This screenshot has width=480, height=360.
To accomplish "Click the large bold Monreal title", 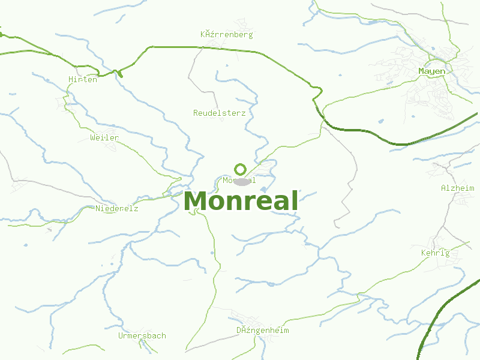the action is [x=241, y=202].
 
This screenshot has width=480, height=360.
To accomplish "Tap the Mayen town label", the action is [x=432, y=71].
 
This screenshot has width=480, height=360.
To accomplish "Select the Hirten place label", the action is [x=83, y=79].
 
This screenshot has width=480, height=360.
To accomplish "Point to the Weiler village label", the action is [x=104, y=137].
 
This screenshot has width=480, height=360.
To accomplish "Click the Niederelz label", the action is [x=117, y=208].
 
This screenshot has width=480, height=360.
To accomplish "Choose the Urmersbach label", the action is [x=142, y=335].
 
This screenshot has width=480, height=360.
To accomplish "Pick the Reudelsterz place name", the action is [x=220, y=113].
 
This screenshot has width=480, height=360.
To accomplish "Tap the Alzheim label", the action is [x=457, y=188].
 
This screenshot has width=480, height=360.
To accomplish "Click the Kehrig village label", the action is [x=436, y=253].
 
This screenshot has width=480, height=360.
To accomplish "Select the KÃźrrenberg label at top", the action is [x=227, y=34].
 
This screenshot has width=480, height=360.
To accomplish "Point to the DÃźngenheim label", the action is [x=263, y=330].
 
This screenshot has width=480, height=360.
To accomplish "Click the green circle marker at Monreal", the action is [x=240, y=169].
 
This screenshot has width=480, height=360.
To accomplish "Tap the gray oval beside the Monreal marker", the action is [x=242, y=181].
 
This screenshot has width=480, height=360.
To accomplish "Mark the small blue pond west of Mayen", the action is [x=380, y=121].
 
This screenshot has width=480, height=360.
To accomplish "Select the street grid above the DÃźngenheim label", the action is [x=246, y=317].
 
